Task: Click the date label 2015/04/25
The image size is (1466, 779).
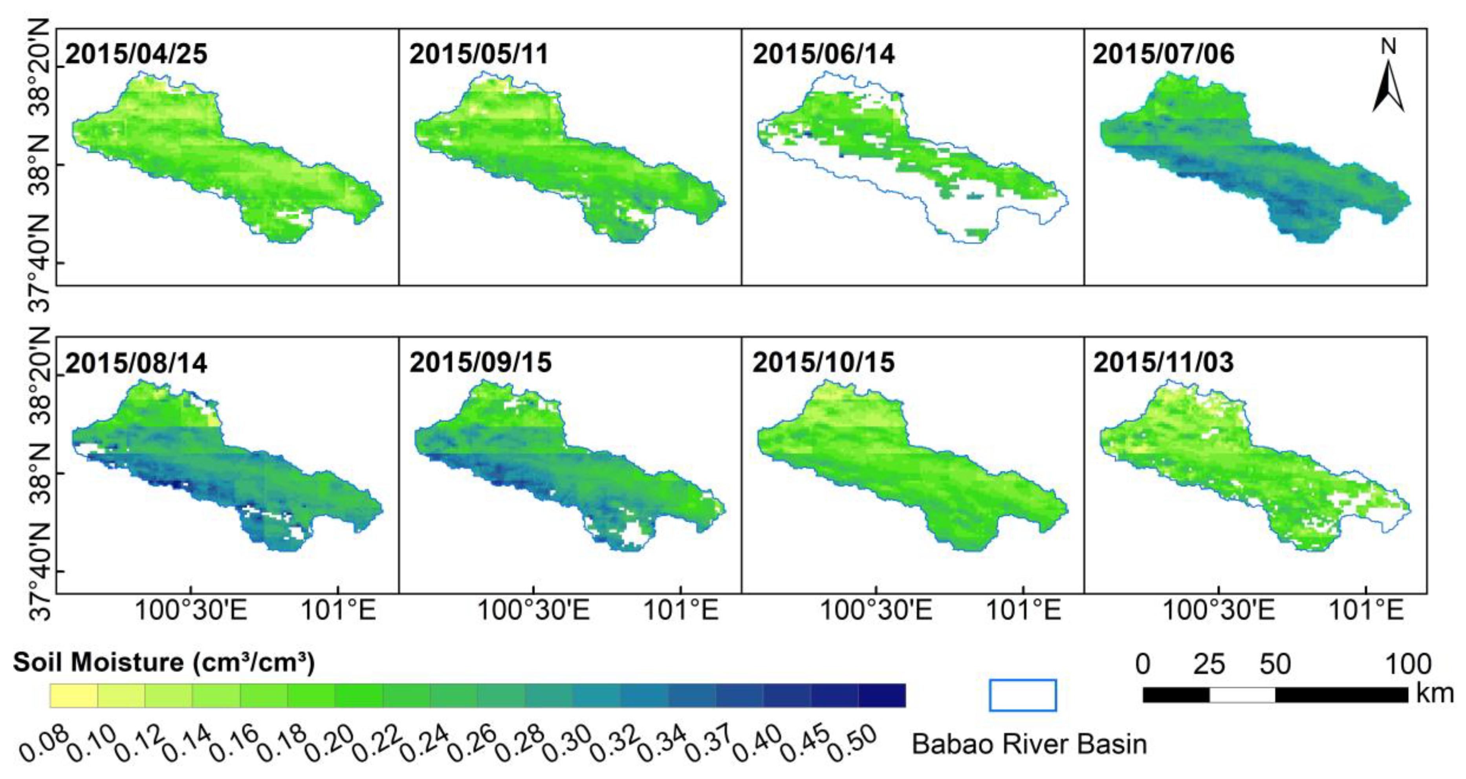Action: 137,54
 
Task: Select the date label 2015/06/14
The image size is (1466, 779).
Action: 823,54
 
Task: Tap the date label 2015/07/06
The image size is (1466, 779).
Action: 1164,54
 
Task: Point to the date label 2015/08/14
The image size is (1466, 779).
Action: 137,363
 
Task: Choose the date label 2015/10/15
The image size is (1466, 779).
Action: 823,363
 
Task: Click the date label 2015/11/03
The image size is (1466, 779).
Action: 1164,363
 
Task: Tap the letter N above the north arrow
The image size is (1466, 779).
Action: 1389,47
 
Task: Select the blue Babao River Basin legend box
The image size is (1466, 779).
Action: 1023,695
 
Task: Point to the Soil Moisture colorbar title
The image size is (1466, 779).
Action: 164,662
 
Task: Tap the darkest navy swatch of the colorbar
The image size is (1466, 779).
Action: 881,695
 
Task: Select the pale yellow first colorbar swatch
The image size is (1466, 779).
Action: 74,695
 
